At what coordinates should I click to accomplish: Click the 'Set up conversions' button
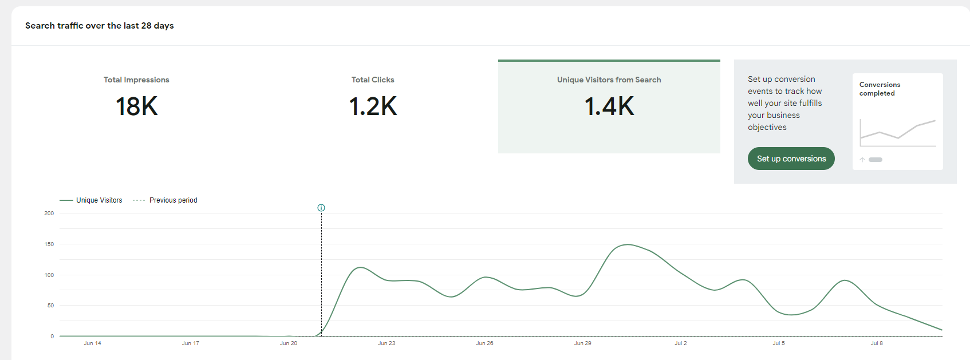coord(791,159)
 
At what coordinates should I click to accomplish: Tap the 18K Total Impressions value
coord(136,106)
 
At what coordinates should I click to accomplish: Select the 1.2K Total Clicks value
coord(373,106)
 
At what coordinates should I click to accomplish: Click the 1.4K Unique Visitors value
coord(609,106)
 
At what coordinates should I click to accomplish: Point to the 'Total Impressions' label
coord(136,80)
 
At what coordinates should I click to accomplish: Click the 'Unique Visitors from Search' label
coord(609,80)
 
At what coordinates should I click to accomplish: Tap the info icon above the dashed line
coord(321,208)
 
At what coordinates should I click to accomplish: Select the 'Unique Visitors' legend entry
coord(91,200)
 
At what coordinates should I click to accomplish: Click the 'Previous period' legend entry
coord(165,200)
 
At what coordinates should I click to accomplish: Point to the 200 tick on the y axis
coord(49,213)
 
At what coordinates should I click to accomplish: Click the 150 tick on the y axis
coord(49,244)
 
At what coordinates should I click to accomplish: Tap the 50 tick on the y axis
coord(50,306)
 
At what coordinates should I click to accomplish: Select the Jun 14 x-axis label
coord(92,343)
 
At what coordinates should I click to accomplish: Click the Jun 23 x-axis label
coord(387,343)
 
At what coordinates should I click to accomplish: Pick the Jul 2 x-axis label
coord(681,343)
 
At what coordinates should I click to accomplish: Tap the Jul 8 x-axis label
coord(877,343)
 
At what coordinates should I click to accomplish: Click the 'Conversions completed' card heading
coord(880,89)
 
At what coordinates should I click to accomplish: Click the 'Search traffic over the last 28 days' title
coord(100,26)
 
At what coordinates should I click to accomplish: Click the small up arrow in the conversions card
coord(862,160)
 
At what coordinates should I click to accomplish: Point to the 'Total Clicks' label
coord(373,80)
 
